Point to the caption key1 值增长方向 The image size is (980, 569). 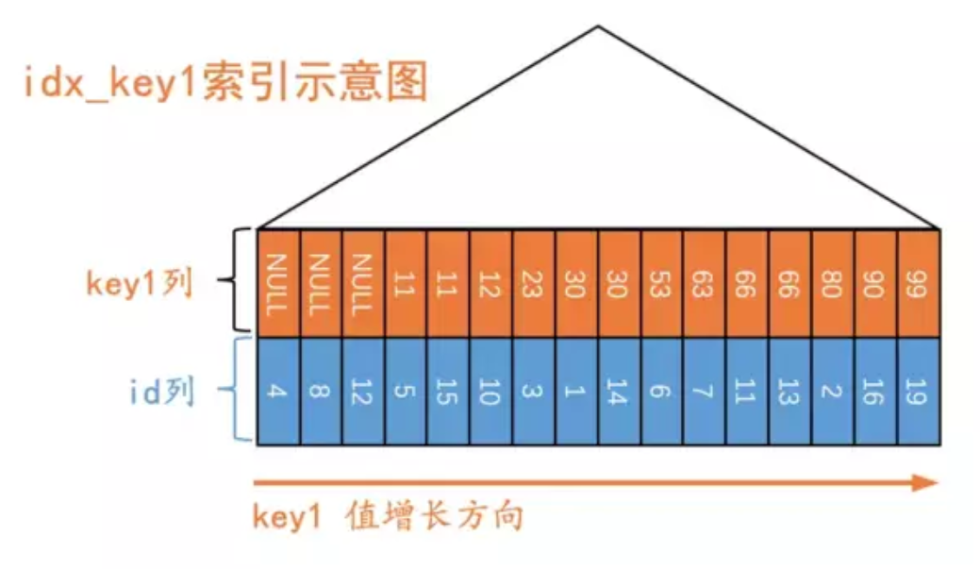388,517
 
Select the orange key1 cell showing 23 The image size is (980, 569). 534,282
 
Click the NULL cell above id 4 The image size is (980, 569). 277,282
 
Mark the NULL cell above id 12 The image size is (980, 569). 363,282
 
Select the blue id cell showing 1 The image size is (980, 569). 576,390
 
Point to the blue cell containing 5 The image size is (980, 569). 406,390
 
